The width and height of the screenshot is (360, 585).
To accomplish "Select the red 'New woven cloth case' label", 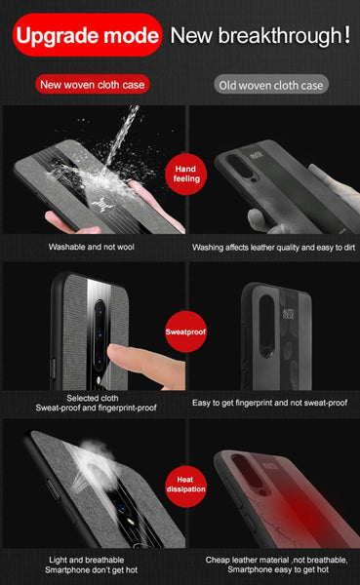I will click(94, 84).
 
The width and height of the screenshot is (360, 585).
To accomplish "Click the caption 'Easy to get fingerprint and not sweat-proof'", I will click(269, 403).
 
